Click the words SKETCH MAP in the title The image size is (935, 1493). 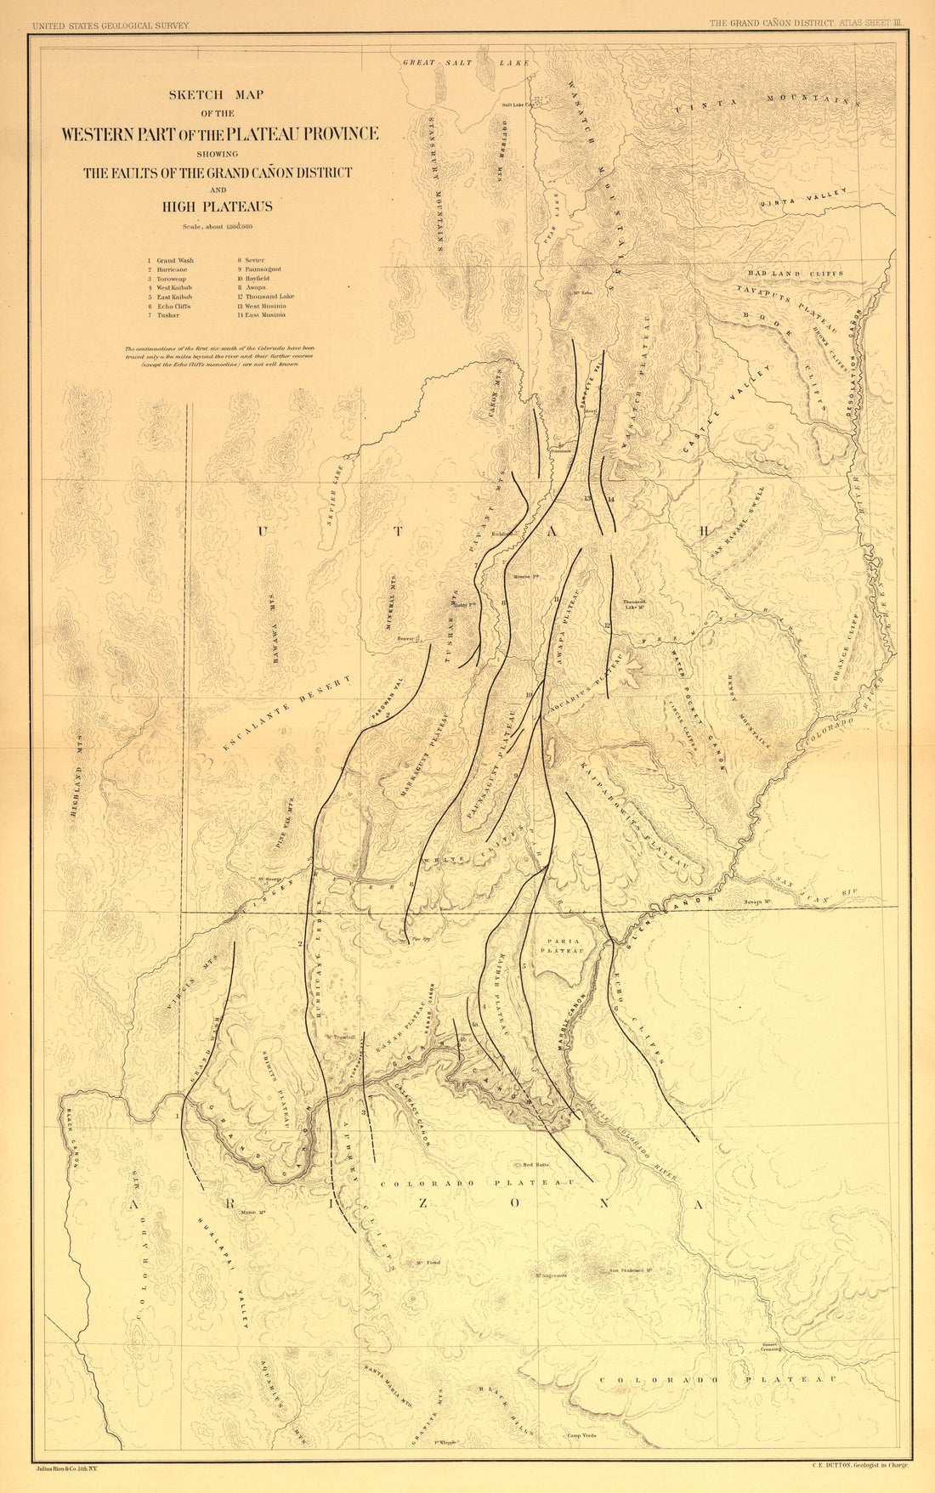point(218,95)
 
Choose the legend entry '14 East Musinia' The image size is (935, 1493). point(262,314)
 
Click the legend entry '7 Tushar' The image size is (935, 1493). point(167,314)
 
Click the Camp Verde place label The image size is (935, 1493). point(581,1435)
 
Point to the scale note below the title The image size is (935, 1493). point(217,226)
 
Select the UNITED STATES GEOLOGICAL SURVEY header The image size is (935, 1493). point(110,25)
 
